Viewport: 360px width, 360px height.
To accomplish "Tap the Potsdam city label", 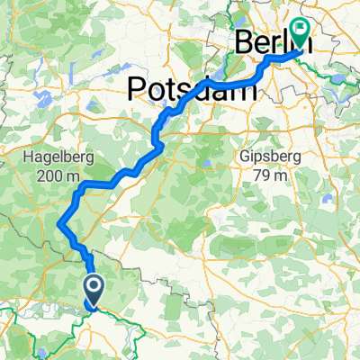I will click(184, 87).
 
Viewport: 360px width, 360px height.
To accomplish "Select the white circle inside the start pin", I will click(94, 287).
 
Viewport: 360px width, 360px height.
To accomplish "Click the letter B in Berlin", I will click(244, 42).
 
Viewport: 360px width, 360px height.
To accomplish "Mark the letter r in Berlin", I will click(273, 44).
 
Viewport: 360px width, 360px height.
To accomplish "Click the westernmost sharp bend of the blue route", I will click(59, 224).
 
